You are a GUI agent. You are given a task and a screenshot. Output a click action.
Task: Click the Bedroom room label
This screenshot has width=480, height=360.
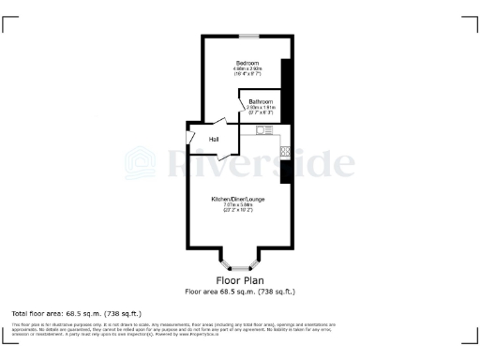tap(247, 62)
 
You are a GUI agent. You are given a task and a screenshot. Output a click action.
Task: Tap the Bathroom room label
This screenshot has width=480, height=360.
tap(261, 100)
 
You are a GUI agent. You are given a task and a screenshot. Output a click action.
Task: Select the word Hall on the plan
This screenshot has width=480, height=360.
tap(214, 140)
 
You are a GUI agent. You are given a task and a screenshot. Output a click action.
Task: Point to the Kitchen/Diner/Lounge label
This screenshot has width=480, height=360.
tap(238, 200)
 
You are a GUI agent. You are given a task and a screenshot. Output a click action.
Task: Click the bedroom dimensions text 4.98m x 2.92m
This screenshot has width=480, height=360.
tap(247, 68)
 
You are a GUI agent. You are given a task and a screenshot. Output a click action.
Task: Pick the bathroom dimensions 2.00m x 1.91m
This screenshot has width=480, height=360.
tap(261, 107)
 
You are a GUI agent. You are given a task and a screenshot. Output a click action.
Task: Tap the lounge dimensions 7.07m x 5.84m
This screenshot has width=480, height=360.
tap(238, 206)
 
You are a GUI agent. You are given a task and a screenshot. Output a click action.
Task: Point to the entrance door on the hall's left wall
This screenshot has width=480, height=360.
tap(191, 138)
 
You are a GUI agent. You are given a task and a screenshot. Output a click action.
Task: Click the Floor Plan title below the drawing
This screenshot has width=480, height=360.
tap(240, 280)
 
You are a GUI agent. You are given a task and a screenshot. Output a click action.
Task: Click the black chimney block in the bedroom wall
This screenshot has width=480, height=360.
tap(287, 83)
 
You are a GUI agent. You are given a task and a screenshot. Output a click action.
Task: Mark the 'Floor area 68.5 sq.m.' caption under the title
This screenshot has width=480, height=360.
tap(240, 292)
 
